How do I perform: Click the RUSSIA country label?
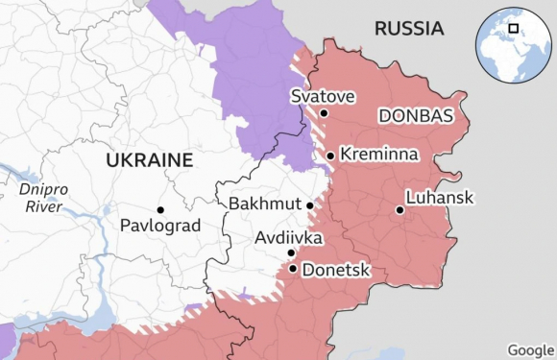408,29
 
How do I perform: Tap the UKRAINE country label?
149,159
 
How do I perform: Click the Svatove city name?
323,96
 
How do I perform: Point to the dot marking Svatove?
324,113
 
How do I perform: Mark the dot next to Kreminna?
330,156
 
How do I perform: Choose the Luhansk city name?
440,197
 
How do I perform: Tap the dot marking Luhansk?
400,209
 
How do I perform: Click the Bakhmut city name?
265,204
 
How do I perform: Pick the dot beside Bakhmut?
310,204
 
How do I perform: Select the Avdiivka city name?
288,237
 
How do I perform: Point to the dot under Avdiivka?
291,253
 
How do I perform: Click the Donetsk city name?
336,270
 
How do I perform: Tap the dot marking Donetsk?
292,269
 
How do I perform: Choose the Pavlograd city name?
160,226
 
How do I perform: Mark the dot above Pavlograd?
160,209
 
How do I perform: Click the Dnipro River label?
43,198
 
